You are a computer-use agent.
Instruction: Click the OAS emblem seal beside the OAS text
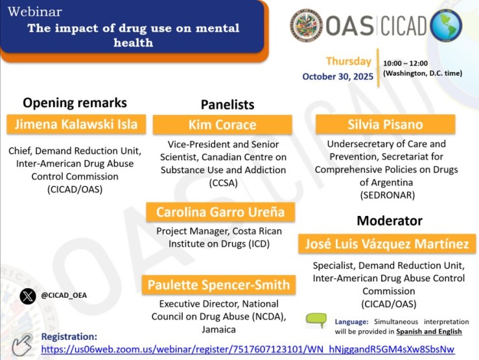[x=307, y=25]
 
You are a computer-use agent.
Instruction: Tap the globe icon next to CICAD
[x=445, y=25]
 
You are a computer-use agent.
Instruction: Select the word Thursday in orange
[x=348, y=62]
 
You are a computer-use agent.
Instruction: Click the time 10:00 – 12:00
[x=408, y=64]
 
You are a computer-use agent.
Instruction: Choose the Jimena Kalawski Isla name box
[x=76, y=123]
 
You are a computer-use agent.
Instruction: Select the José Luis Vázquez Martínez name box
[x=387, y=245]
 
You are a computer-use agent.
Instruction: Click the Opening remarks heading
[x=75, y=102]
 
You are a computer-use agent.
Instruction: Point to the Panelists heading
[x=228, y=104]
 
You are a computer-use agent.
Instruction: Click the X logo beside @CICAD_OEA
[x=27, y=296]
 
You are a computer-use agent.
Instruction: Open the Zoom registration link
[x=248, y=350]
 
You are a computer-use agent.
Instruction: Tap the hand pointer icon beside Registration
[x=23, y=344]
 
